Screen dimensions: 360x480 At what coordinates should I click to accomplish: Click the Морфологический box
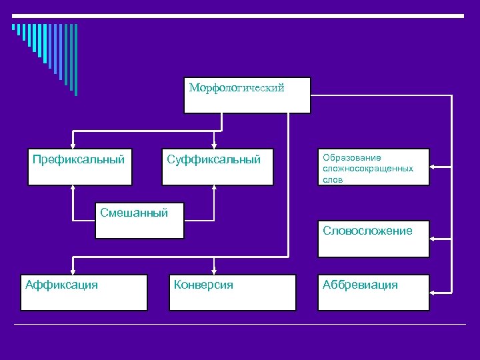click(x=247, y=95)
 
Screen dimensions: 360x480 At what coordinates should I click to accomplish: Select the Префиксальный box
click(x=79, y=166)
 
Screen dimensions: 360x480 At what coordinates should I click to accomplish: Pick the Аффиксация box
click(x=83, y=292)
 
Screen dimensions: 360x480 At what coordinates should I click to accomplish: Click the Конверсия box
click(x=232, y=292)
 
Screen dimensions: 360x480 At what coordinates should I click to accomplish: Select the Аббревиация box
click(x=373, y=292)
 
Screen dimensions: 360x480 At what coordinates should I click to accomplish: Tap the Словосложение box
click(x=373, y=238)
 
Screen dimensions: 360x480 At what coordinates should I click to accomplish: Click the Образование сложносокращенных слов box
click(x=373, y=167)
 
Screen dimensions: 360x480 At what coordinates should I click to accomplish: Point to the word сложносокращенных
click(x=368, y=169)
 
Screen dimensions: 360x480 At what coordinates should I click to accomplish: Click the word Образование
click(x=352, y=158)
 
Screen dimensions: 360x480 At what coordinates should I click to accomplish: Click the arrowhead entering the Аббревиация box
click(x=434, y=291)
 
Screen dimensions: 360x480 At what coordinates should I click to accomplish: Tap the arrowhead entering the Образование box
click(x=434, y=167)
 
